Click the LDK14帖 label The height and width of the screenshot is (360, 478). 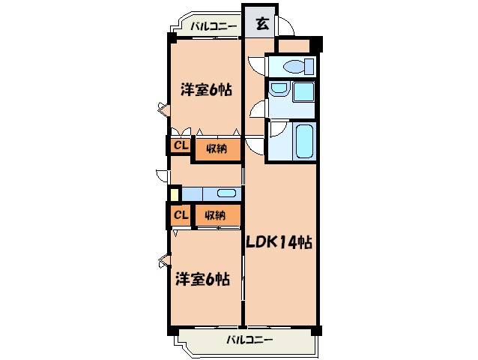click(x=279, y=242)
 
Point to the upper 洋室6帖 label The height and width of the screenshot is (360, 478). click(x=205, y=90)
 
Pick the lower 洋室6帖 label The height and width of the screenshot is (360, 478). click(x=202, y=279)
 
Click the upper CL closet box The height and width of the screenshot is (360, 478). click(x=181, y=145)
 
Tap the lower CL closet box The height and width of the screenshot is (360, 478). click(x=181, y=215)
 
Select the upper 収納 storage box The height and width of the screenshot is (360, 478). click(x=217, y=148)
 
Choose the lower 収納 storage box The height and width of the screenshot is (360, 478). click(x=217, y=215)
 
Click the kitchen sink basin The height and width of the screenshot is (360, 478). click(x=226, y=193)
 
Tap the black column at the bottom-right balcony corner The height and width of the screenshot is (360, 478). click(x=316, y=330)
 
